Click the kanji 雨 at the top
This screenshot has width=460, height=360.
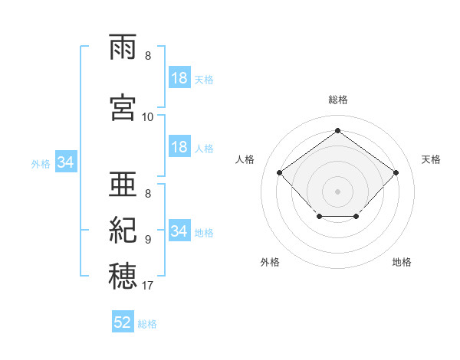coord(123,47)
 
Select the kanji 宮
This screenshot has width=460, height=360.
coord(123,107)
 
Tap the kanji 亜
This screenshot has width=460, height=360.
coord(123,184)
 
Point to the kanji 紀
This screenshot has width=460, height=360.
coord(123,230)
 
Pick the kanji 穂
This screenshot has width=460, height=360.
coord(123,276)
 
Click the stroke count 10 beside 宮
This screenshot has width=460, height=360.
coord(147,117)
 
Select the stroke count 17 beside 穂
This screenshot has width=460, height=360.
coord(147,286)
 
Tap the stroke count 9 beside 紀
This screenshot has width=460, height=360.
coord(148,240)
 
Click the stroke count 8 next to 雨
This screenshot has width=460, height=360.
coord(148,56)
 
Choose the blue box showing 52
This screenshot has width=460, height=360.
coord(123,321)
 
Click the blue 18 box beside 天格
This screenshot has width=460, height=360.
coord(179,77)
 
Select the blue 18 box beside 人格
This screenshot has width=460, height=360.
coord(179,146)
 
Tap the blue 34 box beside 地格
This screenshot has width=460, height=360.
coord(179,230)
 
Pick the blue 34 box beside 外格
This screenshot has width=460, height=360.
coord(66,162)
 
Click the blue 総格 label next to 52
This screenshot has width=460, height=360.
coord(147,324)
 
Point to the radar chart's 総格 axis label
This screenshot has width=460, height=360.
coord(338,100)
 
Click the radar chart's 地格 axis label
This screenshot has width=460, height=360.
coord(402,262)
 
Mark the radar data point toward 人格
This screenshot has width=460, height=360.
coord(279,172)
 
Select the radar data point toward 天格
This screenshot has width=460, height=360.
coord(396,172)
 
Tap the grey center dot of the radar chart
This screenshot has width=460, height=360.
coord(337,191)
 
